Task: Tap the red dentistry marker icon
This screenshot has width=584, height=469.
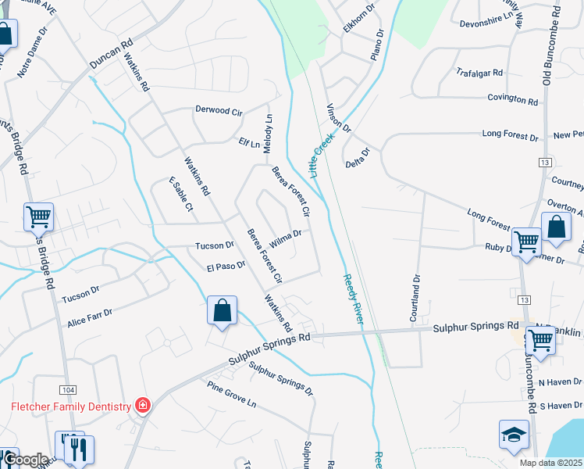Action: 142,405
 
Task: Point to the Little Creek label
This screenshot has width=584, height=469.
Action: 321,154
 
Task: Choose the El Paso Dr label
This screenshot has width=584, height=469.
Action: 226,266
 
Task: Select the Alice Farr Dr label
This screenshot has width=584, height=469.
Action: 90,317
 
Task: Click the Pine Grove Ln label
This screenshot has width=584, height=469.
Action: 232,395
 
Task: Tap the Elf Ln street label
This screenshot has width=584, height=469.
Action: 249,142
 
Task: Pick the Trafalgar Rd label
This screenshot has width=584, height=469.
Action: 479,72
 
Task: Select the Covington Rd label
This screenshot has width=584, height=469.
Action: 512,101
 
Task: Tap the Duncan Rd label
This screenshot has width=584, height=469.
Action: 111,52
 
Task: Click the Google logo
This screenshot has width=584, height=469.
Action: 25,459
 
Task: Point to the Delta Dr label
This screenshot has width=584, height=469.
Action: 357,157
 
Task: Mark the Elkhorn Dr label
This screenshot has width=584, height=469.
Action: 359,18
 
